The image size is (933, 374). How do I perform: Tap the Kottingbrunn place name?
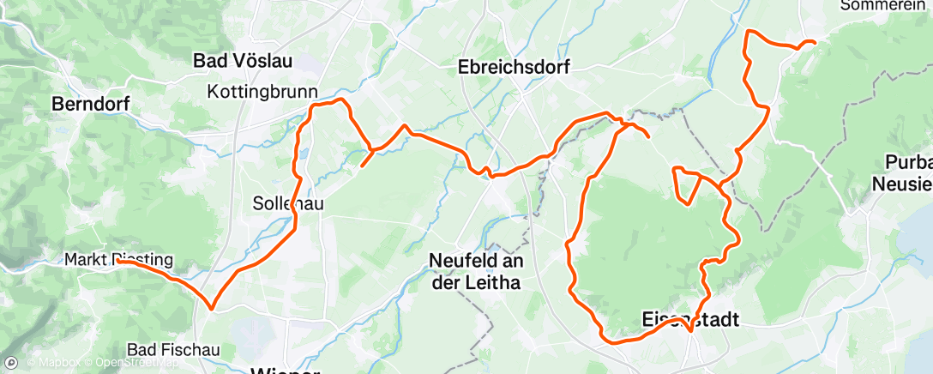[x=262, y=92]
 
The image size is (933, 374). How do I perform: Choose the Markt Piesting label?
[x=119, y=259]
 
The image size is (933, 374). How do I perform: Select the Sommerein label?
[x=884, y=5]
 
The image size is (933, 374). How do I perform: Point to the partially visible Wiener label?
[x=284, y=370]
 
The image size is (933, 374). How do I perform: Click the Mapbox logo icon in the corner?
[x=11, y=363]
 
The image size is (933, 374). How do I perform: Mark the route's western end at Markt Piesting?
[x=117, y=263]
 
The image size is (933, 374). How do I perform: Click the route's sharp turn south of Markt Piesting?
[x=210, y=306]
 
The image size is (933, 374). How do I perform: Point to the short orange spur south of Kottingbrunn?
[x=364, y=163]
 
